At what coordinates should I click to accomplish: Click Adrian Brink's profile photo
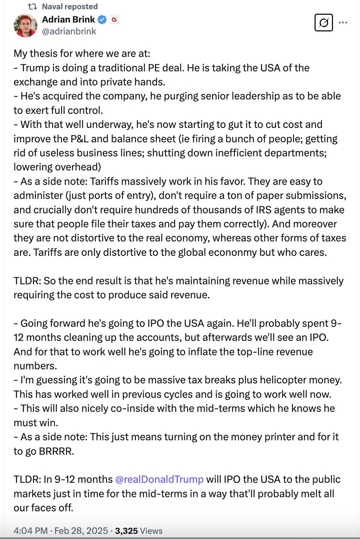tap(26, 26)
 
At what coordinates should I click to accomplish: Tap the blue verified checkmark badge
tap(102, 20)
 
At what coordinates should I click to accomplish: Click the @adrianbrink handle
tap(69, 31)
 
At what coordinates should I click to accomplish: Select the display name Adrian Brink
tap(68, 20)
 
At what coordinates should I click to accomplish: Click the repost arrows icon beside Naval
tap(33, 7)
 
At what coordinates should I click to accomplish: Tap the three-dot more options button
tap(343, 23)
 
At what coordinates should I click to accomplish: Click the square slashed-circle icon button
tap(323, 23)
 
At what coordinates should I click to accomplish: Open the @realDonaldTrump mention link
tap(159, 479)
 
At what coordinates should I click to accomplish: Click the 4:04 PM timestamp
tap(30, 531)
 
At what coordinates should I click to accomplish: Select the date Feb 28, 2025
tap(81, 531)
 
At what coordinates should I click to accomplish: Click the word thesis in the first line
tap(44, 54)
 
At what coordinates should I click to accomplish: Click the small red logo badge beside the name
tap(115, 20)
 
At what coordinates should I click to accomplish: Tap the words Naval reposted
tap(70, 7)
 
